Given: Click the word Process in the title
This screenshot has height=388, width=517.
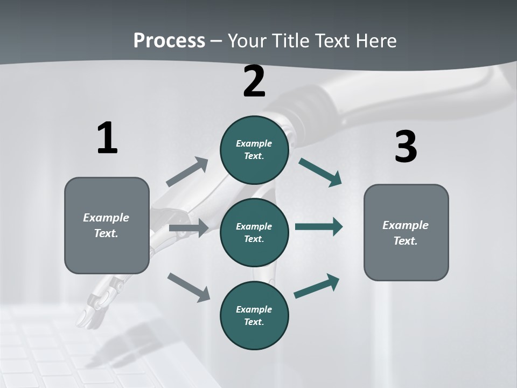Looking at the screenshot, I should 169,41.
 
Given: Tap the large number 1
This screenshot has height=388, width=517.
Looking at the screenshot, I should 107,138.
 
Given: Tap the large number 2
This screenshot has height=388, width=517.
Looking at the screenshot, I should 254,81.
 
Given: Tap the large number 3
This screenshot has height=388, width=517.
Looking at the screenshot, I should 406,147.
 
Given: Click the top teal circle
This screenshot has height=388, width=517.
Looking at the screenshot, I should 254,150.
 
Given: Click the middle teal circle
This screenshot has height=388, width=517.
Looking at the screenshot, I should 254,233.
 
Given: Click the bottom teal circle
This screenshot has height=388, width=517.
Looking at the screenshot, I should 254,316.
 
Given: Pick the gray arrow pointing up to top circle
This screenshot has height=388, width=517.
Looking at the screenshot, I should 187,172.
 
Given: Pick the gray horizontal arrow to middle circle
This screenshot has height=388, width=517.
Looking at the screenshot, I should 188,228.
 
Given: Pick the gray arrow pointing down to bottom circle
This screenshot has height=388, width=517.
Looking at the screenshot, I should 188,287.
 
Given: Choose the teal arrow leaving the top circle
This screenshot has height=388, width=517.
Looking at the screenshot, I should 320,172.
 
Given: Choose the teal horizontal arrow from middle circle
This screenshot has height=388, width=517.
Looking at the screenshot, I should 319,227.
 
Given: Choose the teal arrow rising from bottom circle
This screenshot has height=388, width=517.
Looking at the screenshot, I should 317,286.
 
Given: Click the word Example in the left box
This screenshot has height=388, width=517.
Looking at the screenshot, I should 106,218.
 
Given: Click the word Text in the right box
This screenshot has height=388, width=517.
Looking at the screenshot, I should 404,241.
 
